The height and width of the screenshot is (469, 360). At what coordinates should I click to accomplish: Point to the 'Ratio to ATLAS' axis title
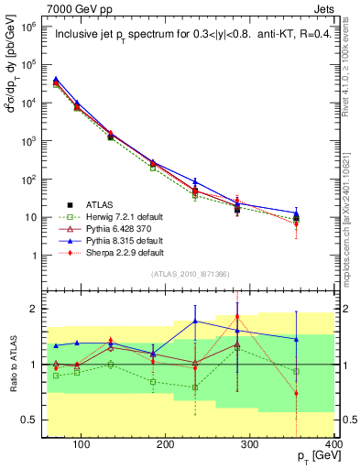point(11,365)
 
